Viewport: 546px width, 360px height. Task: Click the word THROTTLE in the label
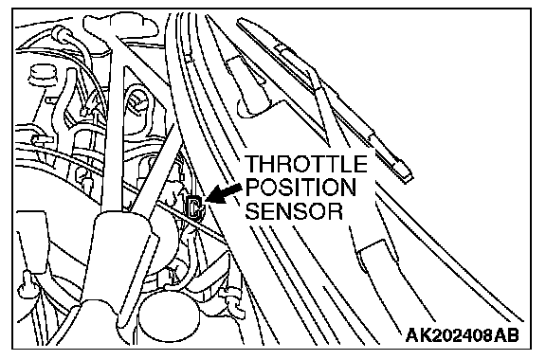[306, 164]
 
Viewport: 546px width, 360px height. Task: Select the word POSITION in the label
[300, 188]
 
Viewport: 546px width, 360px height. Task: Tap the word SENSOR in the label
[294, 211]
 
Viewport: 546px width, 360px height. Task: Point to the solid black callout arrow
[223, 193]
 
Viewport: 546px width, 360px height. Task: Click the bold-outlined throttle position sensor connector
[194, 207]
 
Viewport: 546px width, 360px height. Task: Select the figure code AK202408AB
[463, 335]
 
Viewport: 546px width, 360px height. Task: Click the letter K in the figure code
[427, 335]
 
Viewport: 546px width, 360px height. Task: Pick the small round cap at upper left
[42, 75]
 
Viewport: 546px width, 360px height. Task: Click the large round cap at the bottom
[170, 317]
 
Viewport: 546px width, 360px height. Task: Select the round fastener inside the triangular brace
[138, 101]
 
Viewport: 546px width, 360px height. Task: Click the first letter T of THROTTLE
[252, 164]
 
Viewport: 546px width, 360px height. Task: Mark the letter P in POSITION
[252, 188]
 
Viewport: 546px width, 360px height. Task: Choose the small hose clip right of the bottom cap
[232, 299]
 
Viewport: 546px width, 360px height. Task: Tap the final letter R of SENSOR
[337, 211]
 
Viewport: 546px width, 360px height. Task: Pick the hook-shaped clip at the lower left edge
[27, 284]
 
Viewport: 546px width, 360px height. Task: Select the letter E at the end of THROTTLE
[361, 164]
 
